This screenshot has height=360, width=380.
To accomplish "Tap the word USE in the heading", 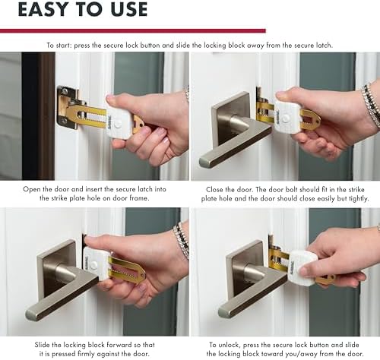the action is pyautogui.click(x=129, y=9).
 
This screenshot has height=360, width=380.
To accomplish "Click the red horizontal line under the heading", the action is pyautogui.click(x=133, y=31).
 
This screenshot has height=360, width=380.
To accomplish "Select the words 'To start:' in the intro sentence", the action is pyautogui.click(x=59, y=46).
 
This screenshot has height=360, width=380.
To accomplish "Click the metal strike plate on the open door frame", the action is pyautogui.click(x=66, y=106).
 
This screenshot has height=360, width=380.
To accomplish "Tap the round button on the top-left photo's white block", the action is pyautogui.click(x=117, y=125).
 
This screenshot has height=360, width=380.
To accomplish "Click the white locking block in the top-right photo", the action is pyautogui.click(x=287, y=116).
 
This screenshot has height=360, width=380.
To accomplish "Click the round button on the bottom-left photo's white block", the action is pyautogui.click(x=93, y=265).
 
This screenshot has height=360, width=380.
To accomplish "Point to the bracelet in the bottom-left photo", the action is pyautogui.click(x=182, y=241).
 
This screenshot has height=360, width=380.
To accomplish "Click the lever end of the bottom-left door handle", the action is pyautogui.click(x=33, y=314).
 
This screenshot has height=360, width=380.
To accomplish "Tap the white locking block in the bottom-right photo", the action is pyautogui.click(x=302, y=268).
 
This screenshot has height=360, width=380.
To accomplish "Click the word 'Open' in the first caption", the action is pyautogui.click(x=31, y=190).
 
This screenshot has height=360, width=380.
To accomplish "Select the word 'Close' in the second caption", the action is pyautogui.click(x=215, y=190).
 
